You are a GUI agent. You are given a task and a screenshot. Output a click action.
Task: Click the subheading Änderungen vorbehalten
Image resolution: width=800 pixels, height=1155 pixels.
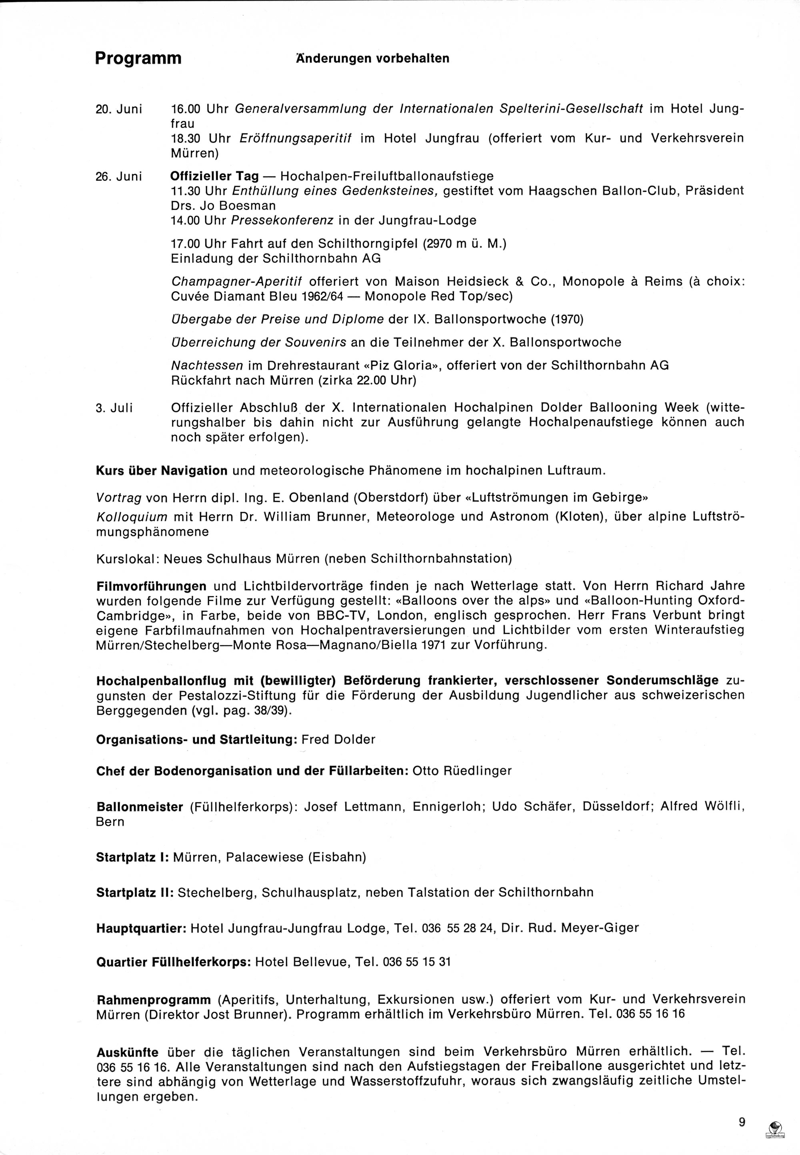coord(372,59)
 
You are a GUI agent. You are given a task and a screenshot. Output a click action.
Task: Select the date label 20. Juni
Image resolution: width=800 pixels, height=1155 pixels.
coord(119,109)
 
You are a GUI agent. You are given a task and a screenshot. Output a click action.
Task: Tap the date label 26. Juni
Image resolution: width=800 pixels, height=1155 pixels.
coord(119,176)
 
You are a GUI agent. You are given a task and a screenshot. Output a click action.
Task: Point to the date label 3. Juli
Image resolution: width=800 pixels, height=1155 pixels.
coord(114,408)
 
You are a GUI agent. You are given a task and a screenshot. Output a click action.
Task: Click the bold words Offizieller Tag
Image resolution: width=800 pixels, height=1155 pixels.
coord(214,176)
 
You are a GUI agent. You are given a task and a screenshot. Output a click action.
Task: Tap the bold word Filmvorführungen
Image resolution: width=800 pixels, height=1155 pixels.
coord(151,586)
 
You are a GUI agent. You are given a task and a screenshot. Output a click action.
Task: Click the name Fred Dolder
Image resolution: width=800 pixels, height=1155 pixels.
coord(338,739)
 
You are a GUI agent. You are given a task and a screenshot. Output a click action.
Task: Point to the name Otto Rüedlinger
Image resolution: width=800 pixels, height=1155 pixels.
coord(462,771)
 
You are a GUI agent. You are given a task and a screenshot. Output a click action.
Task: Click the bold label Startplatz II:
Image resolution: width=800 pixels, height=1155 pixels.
coord(135,892)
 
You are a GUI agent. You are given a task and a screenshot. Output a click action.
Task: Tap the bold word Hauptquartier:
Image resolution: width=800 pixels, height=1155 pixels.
coord(141,927)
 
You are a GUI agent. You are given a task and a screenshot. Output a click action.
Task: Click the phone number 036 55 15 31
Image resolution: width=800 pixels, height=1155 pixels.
coord(416,962)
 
